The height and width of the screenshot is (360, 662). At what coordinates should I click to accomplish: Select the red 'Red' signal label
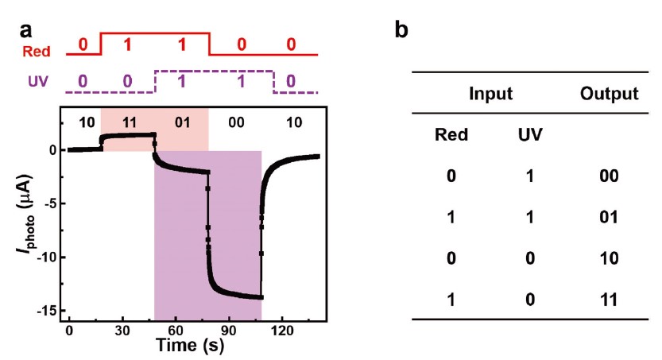[37, 52]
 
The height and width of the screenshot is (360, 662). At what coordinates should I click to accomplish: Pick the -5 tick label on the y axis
[51, 203]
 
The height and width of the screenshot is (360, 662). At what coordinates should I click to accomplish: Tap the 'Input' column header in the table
[490, 94]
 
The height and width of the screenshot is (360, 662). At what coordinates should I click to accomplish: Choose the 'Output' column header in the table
[610, 94]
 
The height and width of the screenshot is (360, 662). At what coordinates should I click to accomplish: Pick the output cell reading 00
[610, 175]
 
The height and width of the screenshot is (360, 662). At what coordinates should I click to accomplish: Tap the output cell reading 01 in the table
[610, 216]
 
